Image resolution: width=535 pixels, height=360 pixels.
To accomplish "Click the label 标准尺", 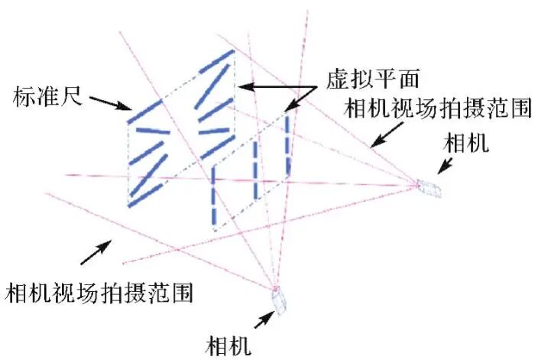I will point(44,97).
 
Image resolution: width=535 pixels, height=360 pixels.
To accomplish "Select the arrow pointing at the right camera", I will point(446,167).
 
